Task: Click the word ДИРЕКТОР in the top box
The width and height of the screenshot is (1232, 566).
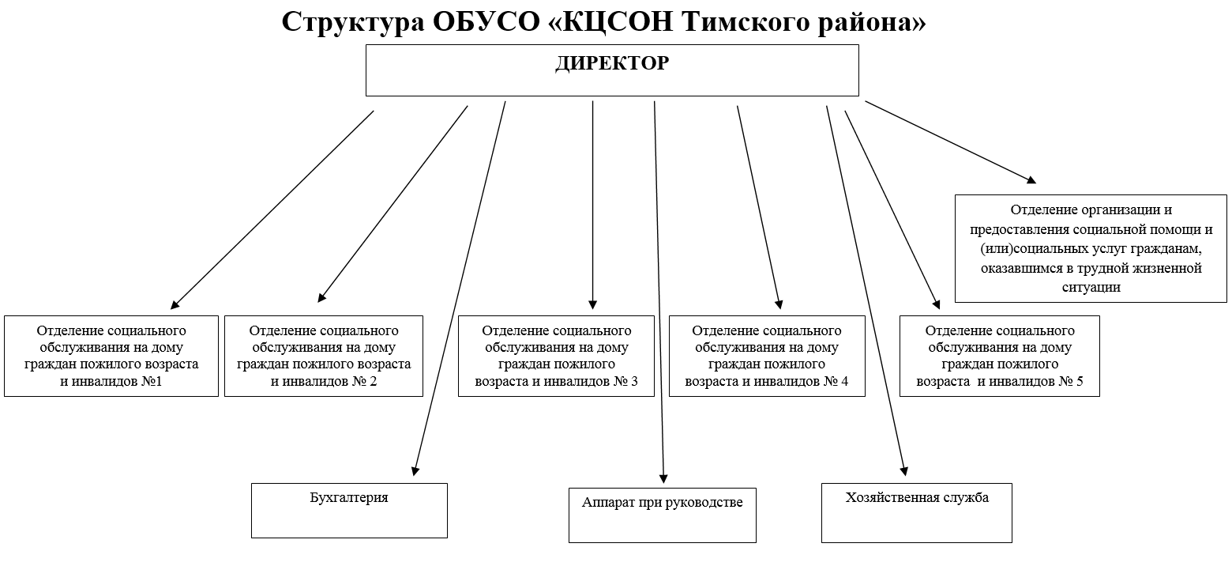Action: [611, 63]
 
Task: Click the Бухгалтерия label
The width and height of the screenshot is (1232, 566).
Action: [349, 498]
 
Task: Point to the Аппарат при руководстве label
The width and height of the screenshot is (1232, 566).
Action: [662, 503]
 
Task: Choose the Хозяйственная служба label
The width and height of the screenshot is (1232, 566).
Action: [916, 497]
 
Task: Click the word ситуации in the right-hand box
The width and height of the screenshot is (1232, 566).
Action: [1091, 287]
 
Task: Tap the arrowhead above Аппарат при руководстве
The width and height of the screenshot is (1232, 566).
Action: [663, 477]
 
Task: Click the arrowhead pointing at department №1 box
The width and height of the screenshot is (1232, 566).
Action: [175, 304]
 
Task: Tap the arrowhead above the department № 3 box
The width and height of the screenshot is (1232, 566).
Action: [593, 304]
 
